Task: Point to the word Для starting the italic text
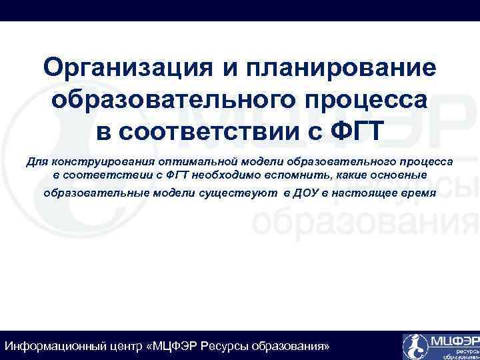click(36, 161)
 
